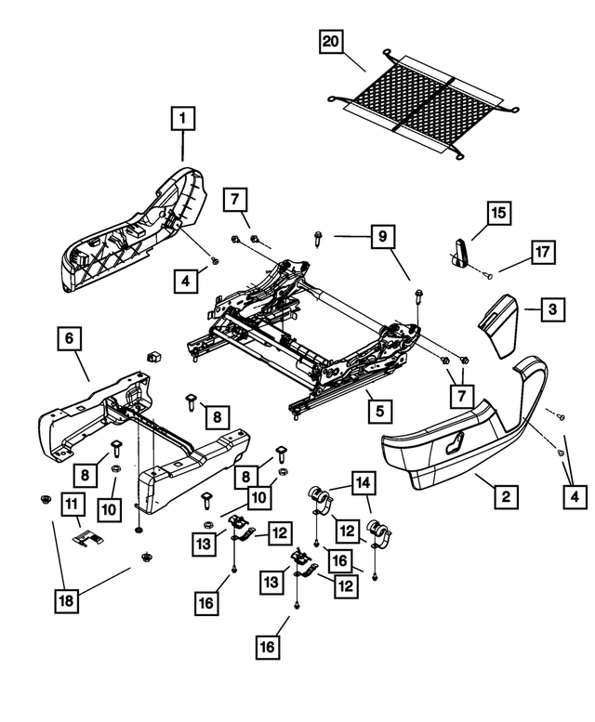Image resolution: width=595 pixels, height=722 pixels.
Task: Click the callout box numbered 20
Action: tap(330, 42)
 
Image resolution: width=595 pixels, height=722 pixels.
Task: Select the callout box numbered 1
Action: tap(183, 118)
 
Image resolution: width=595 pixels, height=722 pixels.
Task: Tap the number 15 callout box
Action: tap(498, 213)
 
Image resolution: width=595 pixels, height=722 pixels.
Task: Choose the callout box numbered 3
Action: tap(552, 308)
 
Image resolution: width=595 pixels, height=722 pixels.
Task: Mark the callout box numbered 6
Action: tap(68, 339)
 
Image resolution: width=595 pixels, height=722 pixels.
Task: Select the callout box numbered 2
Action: tap(505, 498)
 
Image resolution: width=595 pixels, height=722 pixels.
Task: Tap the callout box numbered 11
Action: tap(72, 504)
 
